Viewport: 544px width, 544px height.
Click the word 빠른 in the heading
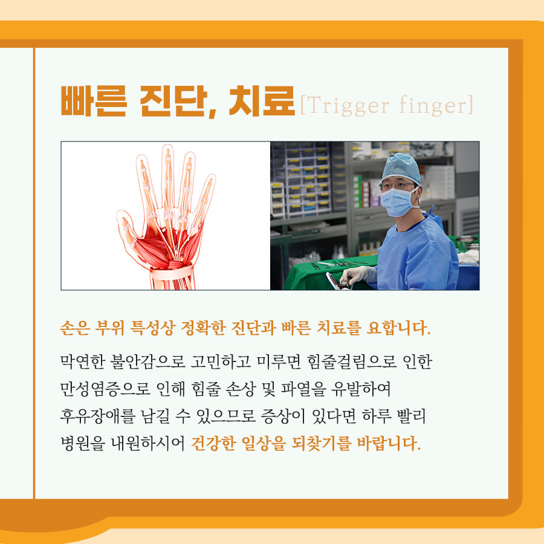point(94,101)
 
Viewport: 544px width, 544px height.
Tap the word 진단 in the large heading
point(174,101)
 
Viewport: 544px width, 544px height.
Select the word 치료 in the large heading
point(262,101)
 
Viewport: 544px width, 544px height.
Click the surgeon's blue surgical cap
point(401,168)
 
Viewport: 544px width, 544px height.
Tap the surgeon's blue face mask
point(397,202)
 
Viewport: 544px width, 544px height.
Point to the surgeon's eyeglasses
point(397,186)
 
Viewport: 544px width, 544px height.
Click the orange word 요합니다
point(398,328)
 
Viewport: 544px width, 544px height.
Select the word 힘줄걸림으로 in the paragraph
point(352,362)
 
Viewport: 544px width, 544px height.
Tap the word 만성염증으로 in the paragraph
point(105,389)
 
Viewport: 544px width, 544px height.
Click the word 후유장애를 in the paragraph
point(97,416)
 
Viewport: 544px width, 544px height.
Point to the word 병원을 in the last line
point(83,443)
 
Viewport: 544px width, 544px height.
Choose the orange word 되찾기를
point(321,444)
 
